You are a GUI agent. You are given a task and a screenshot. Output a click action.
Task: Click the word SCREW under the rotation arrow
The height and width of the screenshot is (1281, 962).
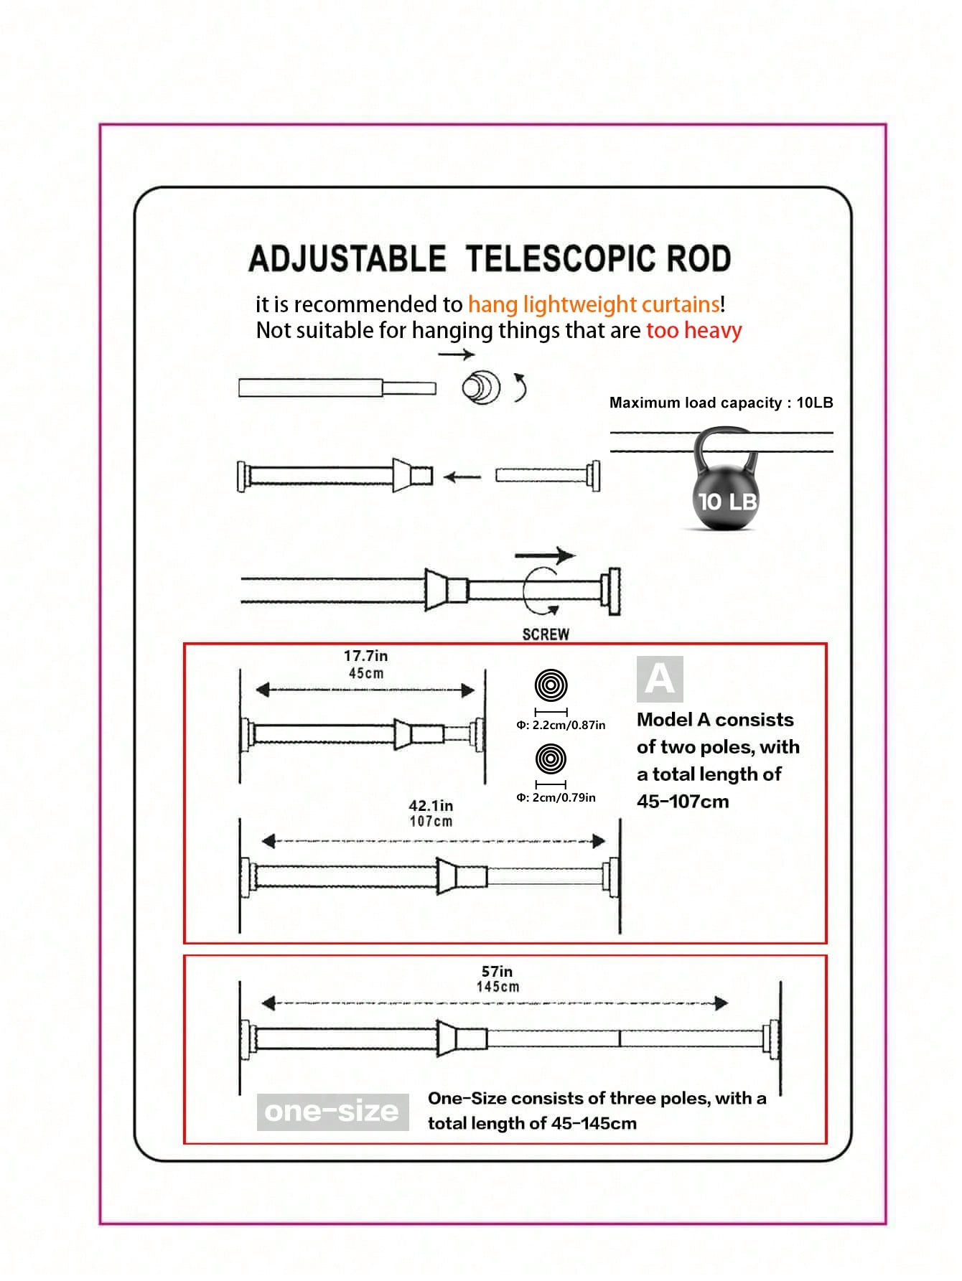[x=546, y=634]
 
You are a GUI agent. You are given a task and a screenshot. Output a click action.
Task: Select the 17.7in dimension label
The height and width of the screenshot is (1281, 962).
[x=365, y=656]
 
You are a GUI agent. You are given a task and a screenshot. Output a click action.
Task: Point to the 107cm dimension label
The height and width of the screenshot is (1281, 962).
[x=431, y=822]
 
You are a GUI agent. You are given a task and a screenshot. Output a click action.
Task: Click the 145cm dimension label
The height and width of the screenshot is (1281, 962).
[x=498, y=987]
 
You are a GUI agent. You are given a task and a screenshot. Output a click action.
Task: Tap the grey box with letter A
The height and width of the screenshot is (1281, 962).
[x=660, y=679]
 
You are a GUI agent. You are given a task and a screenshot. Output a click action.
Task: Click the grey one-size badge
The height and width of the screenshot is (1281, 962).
[x=332, y=1112]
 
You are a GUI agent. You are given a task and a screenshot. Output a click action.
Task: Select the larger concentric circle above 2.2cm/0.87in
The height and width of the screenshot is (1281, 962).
[x=551, y=685]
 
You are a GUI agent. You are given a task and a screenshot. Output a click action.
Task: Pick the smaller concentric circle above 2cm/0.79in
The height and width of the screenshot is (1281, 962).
[x=551, y=758]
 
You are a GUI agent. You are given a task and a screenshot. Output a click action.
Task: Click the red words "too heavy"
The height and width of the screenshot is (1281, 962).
[x=694, y=331]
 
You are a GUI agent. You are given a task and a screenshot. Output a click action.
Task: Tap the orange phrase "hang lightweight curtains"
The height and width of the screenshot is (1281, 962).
[x=594, y=304]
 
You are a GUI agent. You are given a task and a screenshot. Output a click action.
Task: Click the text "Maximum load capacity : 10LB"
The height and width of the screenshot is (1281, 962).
[x=721, y=403]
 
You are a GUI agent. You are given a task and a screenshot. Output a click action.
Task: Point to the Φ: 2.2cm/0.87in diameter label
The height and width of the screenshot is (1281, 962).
[x=561, y=726]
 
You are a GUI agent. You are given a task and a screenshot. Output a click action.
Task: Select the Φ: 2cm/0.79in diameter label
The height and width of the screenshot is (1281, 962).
[x=556, y=797]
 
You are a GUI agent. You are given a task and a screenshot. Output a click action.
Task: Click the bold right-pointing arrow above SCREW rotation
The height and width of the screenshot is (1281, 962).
[x=545, y=555]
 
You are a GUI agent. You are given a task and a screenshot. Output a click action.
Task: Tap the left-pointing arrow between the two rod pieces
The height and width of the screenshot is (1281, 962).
[x=462, y=477]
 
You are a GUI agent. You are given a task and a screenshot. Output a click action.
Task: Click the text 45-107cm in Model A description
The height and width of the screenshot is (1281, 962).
[x=683, y=802]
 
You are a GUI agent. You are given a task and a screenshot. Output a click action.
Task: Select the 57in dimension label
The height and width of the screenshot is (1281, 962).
[x=497, y=972]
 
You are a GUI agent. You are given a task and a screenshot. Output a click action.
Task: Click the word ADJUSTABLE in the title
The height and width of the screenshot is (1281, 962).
[x=347, y=259]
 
